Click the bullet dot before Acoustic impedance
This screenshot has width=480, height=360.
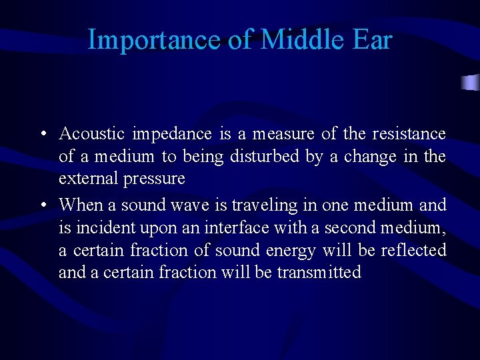[42, 134]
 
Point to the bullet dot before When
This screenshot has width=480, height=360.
[42, 204]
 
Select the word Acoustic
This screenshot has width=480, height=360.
[92, 133]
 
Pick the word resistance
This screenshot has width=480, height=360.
[409, 133]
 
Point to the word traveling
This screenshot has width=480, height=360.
[263, 204]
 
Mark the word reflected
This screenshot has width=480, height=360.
[413, 250]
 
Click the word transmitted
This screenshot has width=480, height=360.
[319, 273]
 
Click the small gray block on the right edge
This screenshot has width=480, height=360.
[471, 83]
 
